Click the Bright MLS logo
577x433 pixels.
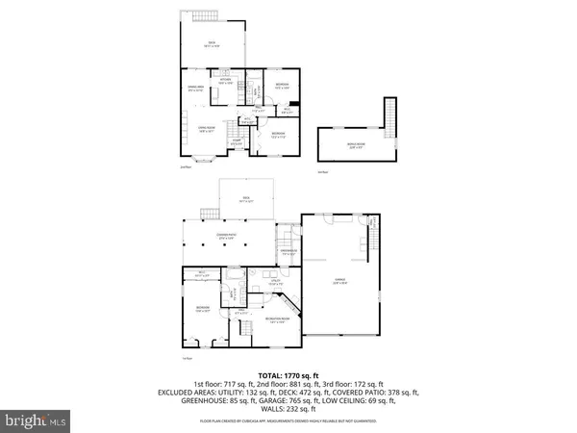click(38, 420)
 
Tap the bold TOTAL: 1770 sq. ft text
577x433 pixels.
click(288, 373)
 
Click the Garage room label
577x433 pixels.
click(339, 282)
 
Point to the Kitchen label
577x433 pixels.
click(225, 83)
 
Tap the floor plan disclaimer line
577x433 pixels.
click(288, 420)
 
